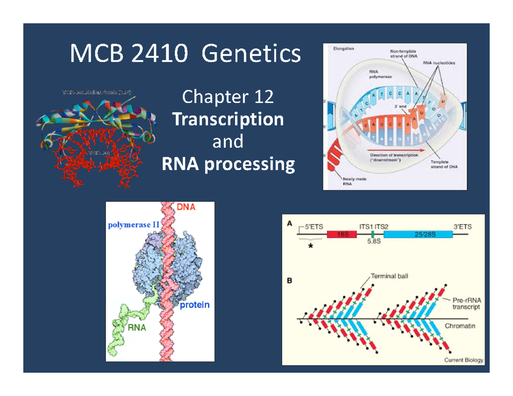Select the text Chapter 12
pyautogui.click(x=228, y=98)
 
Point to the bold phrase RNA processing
pyautogui.click(x=228, y=164)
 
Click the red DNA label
pyautogui.click(x=186, y=208)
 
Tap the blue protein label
pyautogui.click(x=194, y=305)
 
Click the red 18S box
pyautogui.click(x=341, y=235)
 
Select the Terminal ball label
pyautogui.click(x=389, y=276)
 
